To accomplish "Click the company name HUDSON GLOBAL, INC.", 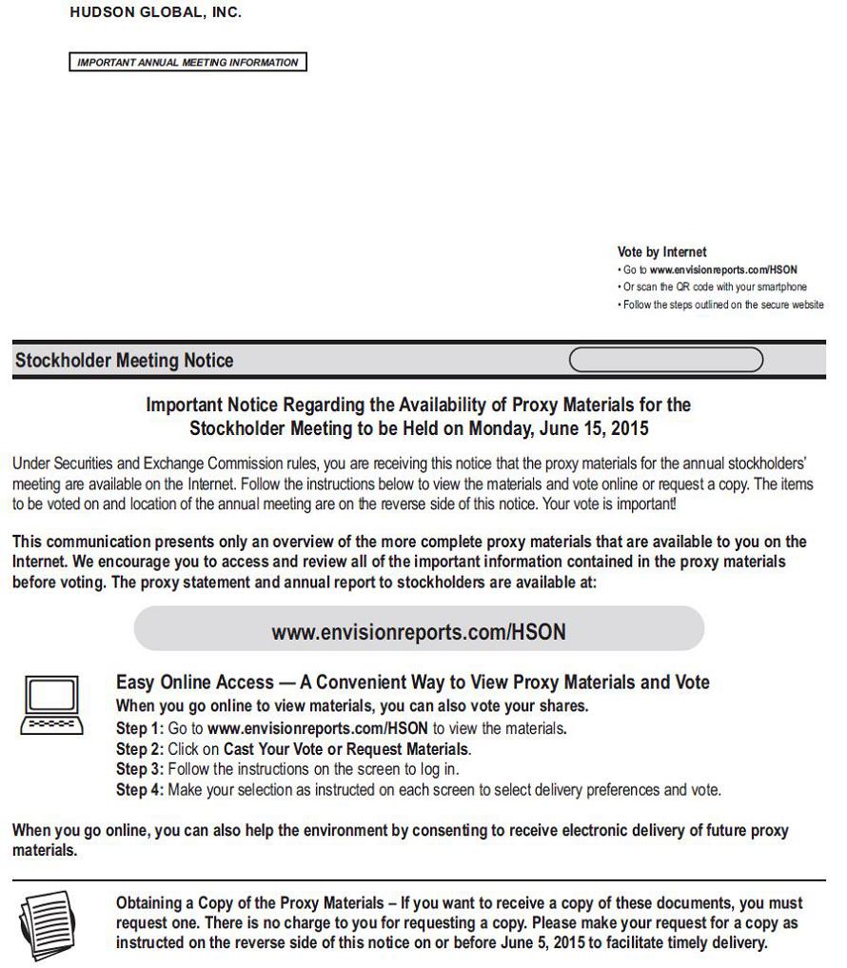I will [x=156, y=13].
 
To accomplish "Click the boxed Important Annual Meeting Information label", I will [x=187, y=63].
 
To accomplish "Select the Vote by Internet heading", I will [x=661, y=252].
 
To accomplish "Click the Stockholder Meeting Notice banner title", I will [x=125, y=361].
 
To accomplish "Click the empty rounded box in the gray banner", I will [x=665, y=360].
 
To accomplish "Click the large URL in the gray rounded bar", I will [x=418, y=632].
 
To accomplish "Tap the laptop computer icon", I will [x=52, y=705].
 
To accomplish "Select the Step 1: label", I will [x=140, y=729].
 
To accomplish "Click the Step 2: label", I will [x=140, y=749].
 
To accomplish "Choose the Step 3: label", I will [x=140, y=769].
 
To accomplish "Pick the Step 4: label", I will [x=140, y=789].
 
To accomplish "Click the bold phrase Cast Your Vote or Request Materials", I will [x=345, y=749].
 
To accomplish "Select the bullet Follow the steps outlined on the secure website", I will [x=723, y=305].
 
